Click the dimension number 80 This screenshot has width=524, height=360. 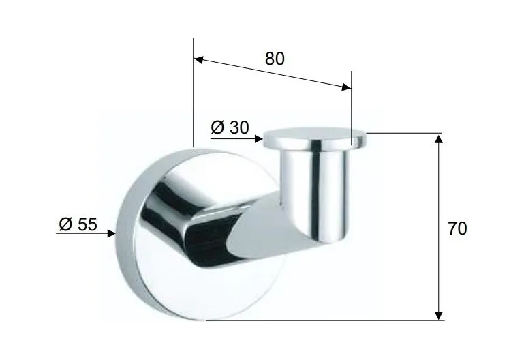coord(275,59)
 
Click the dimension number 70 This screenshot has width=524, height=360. coord(457,228)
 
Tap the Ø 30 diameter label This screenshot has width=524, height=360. coord(230,127)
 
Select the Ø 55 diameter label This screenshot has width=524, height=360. coord(78,224)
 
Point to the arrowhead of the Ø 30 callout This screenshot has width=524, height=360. coord(258,138)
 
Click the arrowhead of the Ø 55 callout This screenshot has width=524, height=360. coord(111,233)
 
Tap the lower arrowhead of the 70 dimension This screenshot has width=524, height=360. coord(439,315)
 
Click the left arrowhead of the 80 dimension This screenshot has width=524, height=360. coord(198,60)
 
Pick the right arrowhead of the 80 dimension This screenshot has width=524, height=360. coord(347,87)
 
